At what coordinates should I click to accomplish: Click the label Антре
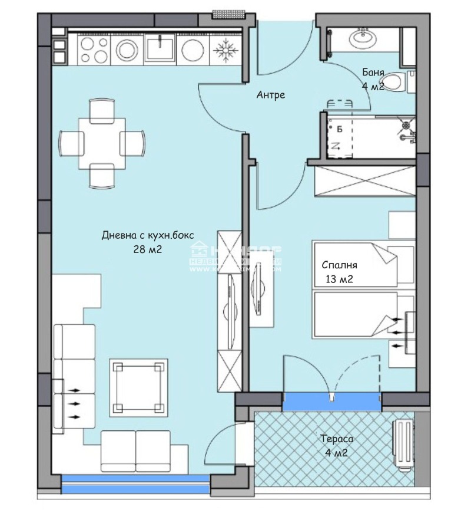click(271, 94)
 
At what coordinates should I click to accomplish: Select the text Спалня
click(339, 265)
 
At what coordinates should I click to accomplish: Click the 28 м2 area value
click(148, 249)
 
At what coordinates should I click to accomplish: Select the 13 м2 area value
click(339, 279)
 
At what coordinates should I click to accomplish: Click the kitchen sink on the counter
click(160, 48)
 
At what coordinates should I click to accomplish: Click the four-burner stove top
click(92, 50)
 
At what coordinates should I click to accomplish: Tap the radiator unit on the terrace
click(404, 445)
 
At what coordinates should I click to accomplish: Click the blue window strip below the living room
click(135, 484)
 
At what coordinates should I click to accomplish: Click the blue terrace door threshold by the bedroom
click(331, 402)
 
